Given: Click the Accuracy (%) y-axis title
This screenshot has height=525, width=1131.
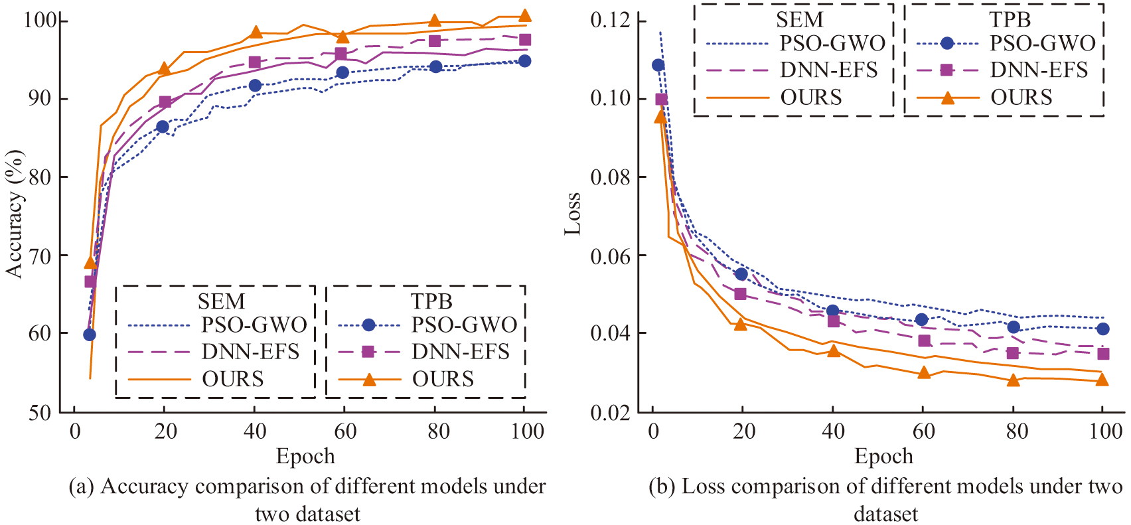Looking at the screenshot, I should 15,214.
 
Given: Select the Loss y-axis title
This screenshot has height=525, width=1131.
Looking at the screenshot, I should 572,214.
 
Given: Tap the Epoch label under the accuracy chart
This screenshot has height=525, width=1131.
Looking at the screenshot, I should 305,456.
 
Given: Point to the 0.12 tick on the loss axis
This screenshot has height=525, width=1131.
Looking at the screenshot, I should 610,20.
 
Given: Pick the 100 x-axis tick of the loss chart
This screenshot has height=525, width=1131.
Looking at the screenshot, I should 1106,431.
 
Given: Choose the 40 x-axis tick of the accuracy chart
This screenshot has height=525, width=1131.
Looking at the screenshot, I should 255,431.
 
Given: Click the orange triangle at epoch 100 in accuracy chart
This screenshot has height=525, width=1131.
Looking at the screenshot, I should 524,16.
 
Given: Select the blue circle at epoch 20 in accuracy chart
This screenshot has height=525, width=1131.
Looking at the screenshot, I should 162,126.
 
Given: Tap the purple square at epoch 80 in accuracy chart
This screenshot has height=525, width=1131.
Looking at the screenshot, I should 435,41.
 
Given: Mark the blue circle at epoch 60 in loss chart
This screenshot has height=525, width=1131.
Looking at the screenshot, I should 921,320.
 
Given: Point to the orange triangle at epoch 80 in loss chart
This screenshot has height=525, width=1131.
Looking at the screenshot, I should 1013,380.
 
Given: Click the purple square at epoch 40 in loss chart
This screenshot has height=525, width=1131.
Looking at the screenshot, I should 833,321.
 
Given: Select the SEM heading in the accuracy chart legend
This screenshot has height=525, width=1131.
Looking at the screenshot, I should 221,301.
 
